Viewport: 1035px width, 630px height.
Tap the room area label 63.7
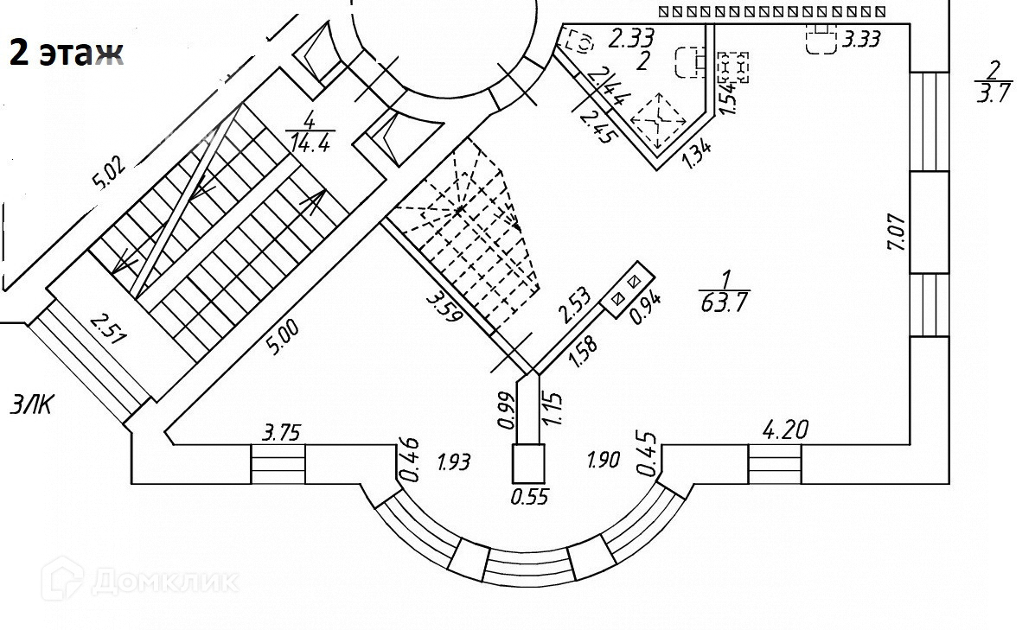pyautogui.click(x=725, y=302)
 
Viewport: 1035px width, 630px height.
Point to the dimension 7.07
pyautogui.click(x=897, y=232)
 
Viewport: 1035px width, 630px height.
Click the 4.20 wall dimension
pyautogui.click(x=783, y=429)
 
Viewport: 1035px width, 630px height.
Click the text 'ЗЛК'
pyautogui.click(x=31, y=404)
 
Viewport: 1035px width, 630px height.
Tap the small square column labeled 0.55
pyautogui.click(x=528, y=463)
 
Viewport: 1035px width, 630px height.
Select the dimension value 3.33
pyautogui.click(x=861, y=39)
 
